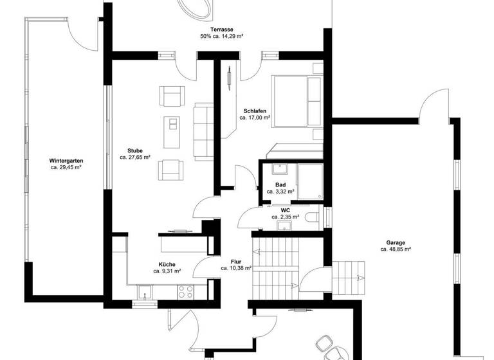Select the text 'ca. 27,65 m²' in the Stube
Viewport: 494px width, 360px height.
tap(135, 157)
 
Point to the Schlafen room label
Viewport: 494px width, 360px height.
tap(255, 111)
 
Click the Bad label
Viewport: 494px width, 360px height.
tap(280, 184)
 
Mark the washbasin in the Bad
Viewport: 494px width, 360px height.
tap(280, 170)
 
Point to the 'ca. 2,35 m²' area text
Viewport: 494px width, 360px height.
tap(285, 217)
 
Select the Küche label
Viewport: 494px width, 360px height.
tap(167, 264)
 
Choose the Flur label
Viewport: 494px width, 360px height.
tap(236, 261)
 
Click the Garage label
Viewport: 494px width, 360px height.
tap(396, 242)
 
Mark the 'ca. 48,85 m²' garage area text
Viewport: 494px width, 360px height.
tap(396, 249)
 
